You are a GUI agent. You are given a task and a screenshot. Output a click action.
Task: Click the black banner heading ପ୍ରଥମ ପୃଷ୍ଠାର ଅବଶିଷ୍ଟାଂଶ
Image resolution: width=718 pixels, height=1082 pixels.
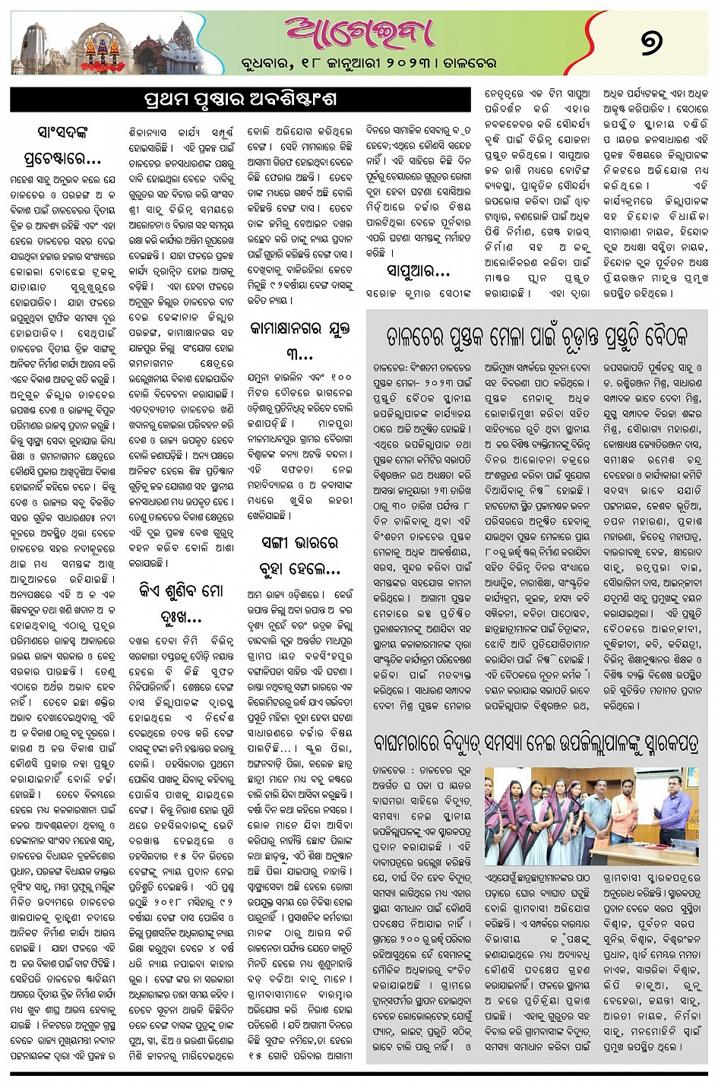[240, 100]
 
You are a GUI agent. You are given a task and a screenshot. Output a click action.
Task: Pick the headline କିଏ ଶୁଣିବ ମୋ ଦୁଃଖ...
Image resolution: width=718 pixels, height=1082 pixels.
[180, 601]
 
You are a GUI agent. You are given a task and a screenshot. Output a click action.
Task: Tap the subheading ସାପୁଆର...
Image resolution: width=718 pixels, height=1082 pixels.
[417, 271]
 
